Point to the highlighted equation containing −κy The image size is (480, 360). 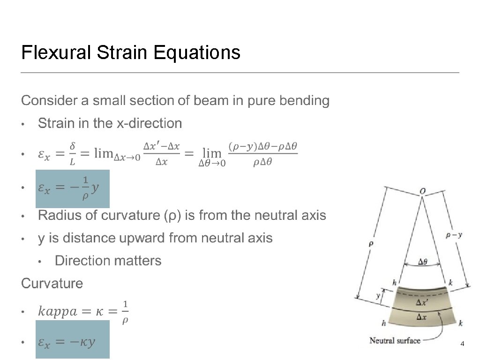point(73,339)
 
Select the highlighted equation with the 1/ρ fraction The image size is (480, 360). point(73,188)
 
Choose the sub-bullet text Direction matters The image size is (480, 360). point(108,261)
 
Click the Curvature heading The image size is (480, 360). point(52,284)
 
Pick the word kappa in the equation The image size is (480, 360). point(59,311)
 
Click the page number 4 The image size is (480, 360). point(462,345)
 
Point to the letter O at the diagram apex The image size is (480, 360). point(423,191)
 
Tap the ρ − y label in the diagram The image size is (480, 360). point(454,236)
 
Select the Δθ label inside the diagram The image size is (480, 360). point(422,262)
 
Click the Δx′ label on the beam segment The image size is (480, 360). point(422,303)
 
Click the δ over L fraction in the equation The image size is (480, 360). point(72,154)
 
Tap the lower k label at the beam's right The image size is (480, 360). point(461,323)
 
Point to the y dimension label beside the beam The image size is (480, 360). point(378,296)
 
